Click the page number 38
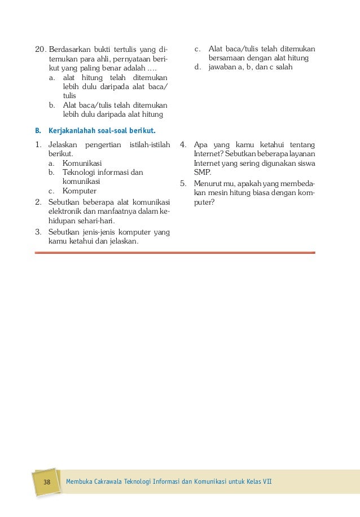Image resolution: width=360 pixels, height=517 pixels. (x=47, y=483)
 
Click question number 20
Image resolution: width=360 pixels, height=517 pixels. (x=40, y=49)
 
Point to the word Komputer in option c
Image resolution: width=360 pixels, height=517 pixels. (x=80, y=191)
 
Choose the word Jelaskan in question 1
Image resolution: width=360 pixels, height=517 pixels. (x=63, y=145)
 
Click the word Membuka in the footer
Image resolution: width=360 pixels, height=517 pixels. (x=81, y=483)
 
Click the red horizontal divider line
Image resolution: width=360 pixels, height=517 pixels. (x=175, y=253)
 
